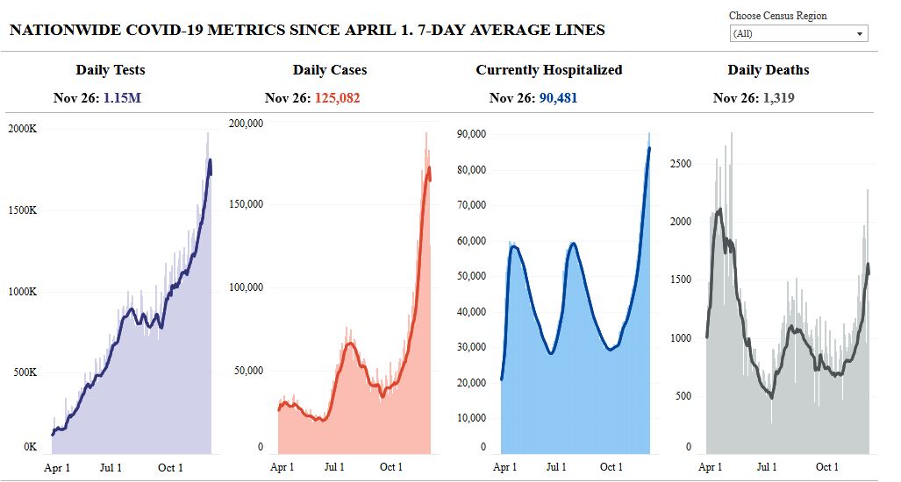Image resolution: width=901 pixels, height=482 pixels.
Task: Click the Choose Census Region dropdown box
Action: (798, 34)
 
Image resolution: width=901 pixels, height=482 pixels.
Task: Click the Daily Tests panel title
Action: (111, 70)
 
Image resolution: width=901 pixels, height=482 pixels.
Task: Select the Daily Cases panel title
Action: (330, 70)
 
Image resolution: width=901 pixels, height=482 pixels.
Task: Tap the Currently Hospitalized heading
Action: (549, 70)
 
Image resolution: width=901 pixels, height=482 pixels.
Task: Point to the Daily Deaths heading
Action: (769, 70)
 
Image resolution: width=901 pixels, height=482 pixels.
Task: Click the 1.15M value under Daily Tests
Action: (122, 98)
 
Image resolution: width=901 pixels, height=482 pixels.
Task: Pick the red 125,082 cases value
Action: (335, 98)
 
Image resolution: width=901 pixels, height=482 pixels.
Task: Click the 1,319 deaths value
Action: (776, 98)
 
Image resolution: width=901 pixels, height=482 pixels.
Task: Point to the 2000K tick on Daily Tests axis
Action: (22, 129)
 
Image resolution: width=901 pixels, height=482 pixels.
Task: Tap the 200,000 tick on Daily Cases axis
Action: (245, 123)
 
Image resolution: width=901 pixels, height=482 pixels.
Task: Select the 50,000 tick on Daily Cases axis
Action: (247, 370)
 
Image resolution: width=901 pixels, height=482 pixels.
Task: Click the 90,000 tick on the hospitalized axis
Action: (471, 134)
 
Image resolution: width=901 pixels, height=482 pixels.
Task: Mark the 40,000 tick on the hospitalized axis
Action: (471, 312)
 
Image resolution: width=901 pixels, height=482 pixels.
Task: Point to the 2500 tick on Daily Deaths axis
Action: (681, 164)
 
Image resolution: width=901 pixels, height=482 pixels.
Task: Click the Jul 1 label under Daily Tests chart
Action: (111, 467)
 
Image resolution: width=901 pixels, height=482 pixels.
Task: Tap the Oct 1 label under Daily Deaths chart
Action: (826, 467)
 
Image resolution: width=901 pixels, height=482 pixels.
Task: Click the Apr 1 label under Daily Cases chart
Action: (282, 467)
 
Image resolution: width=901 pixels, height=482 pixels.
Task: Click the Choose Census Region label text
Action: (777, 16)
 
